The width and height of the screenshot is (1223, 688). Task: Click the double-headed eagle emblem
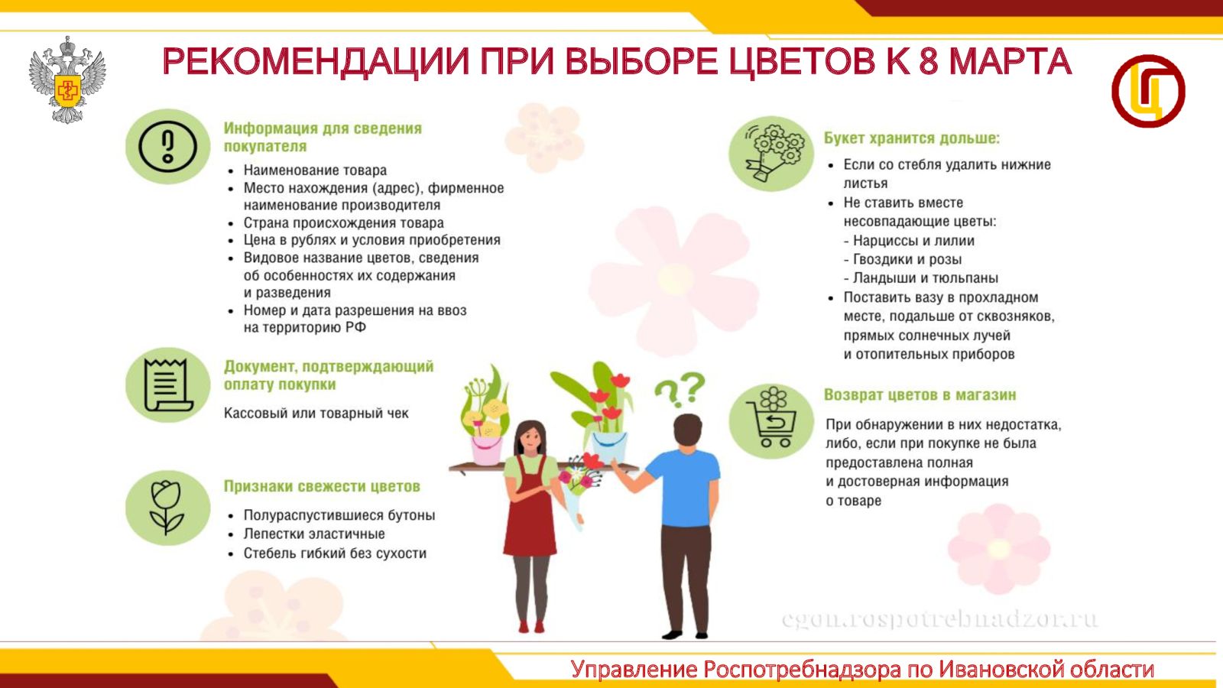click(67, 80)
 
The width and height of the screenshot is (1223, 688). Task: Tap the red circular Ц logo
click(1148, 91)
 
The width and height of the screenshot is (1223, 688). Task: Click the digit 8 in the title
click(928, 61)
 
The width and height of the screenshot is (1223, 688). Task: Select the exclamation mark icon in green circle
click(167, 146)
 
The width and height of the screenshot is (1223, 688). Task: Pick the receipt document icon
click(167, 385)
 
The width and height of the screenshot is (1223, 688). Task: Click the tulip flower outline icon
click(167, 508)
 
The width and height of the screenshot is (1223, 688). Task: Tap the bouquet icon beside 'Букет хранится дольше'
click(771, 154)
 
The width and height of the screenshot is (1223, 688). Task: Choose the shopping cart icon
click(771, 420)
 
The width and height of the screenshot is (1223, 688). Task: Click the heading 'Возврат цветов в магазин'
click(920, 394)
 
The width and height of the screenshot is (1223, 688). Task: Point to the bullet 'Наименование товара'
click(315, 170)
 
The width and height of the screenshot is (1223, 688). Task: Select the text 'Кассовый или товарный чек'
click(316, 414)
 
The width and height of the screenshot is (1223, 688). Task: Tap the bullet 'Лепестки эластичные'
click(314, 534)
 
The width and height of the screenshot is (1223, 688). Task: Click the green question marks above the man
click(680, 389)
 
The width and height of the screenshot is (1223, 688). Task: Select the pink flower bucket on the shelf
click(486, 450)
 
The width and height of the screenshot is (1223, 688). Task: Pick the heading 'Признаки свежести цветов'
click(322, 486)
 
